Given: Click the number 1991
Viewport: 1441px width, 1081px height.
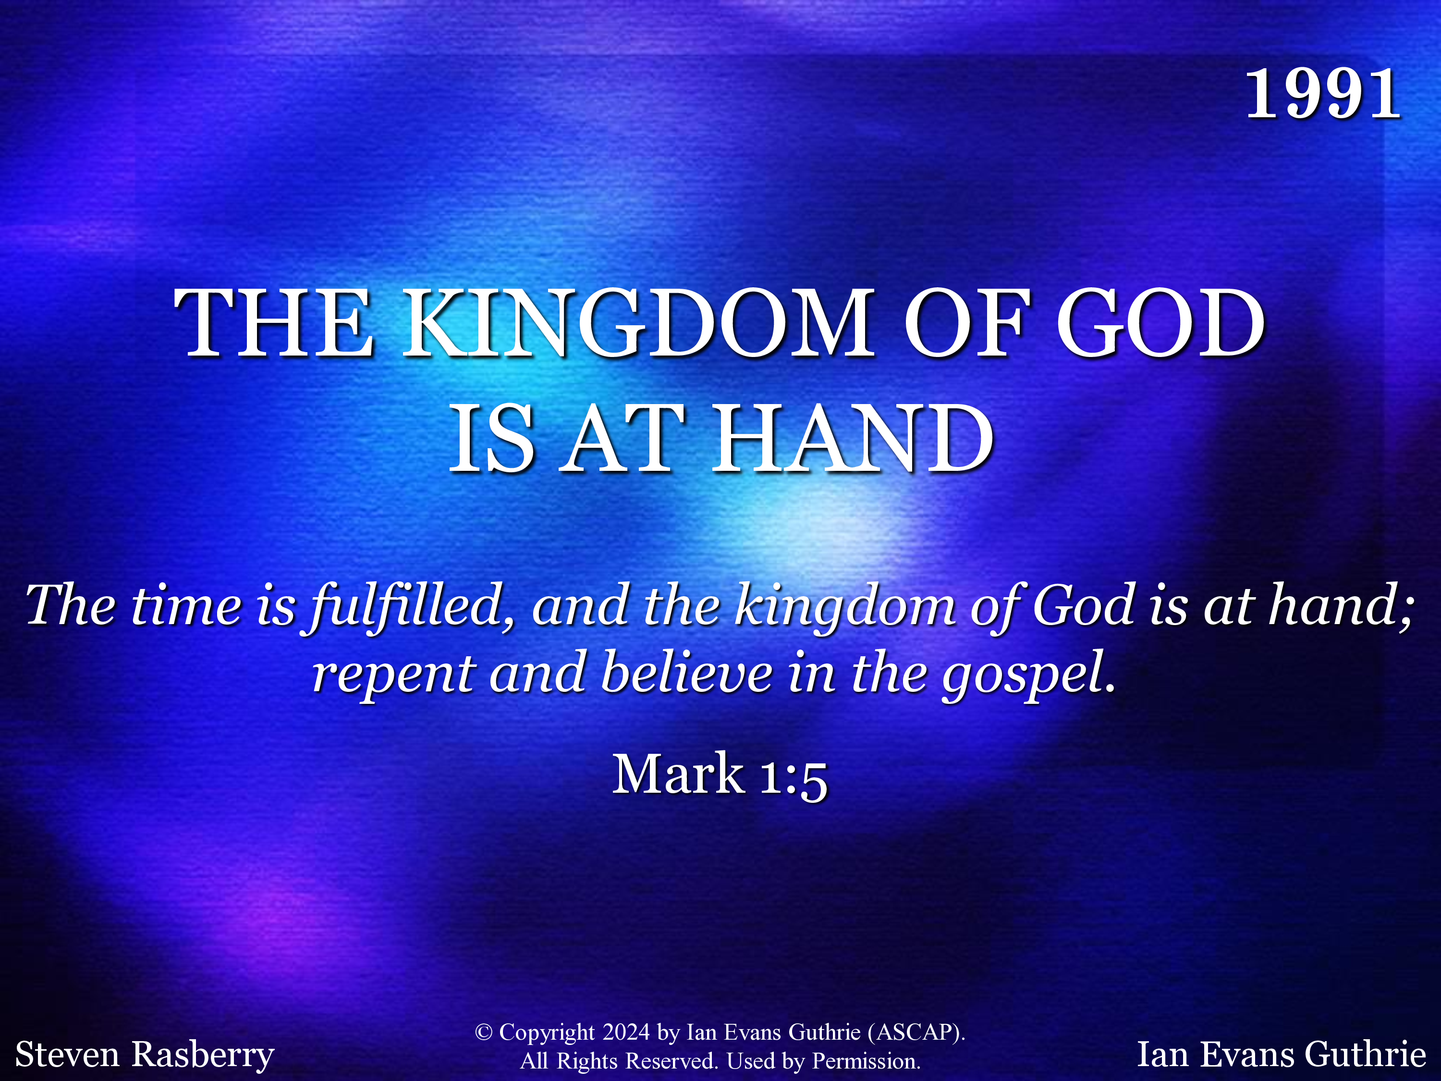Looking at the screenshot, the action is [1322, 95].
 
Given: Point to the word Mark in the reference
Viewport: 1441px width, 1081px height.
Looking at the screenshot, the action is [678, 774].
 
